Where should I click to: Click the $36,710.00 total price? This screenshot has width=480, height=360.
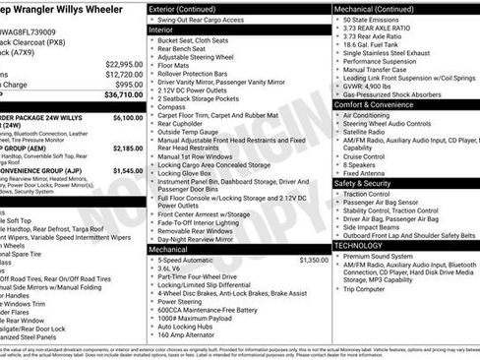pos(117,95)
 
